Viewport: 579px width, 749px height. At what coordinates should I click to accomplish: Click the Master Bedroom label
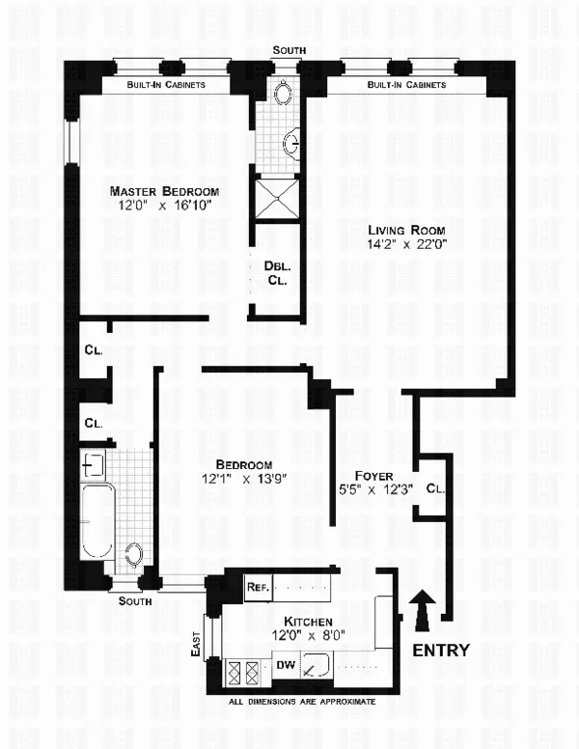163,190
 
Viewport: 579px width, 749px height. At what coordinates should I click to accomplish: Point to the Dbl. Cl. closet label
272,273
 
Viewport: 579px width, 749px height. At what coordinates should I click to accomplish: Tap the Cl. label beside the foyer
434,488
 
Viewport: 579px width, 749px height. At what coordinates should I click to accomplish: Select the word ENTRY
440,650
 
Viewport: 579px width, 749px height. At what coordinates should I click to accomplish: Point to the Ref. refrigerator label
257,587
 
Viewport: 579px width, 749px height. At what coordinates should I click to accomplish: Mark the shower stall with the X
274,197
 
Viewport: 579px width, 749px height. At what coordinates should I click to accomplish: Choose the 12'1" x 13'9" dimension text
243,479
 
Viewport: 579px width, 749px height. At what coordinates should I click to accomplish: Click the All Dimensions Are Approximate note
301,702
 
